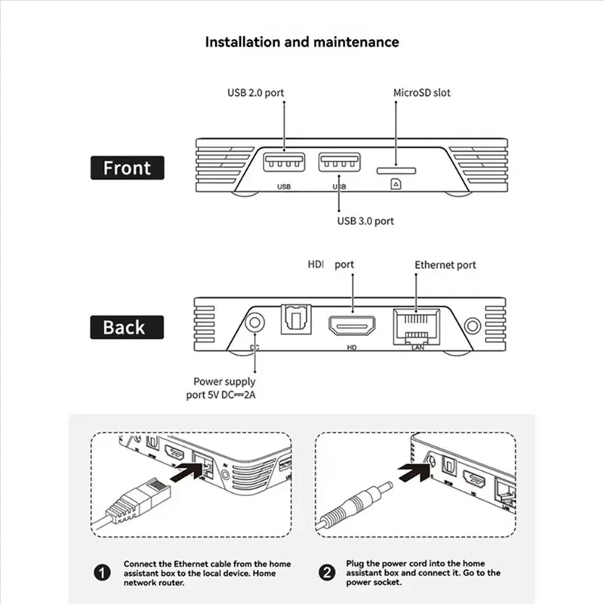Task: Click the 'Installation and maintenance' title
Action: pos(302,42)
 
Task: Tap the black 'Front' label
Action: pos(127,168)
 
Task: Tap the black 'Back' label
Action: pos(127,328)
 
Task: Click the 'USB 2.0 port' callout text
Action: pos(255,93)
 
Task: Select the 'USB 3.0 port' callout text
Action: pos(365,221)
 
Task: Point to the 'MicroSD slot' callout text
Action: pos(422,93)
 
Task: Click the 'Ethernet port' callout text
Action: pos(445,265)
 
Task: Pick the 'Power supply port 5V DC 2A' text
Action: pos(220,388)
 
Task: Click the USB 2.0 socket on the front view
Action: pos(285,162)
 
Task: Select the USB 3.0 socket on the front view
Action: pos(339,162)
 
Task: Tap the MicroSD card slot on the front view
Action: pos(396,171)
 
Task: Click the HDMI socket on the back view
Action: pos(352,325)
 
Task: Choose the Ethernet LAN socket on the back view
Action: pos(417,327)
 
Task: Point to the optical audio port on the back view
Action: pos(296,319)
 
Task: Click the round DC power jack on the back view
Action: pos(254,322)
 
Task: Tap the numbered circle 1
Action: pos(102,573)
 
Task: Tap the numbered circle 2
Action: pos(327,572)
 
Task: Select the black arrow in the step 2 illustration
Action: pos(414,472)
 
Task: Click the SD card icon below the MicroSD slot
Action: pos(396,184)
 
